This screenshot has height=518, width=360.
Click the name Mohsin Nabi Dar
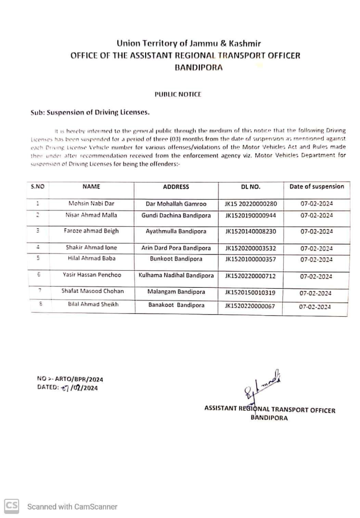(91, 204)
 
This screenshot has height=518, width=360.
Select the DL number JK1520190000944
(251, 215)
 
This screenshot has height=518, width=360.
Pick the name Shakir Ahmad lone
(91, 248)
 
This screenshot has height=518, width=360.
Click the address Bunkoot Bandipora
(176, 258)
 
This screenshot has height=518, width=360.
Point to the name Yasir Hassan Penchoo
(92, 276)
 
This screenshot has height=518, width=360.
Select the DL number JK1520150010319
(251, 292)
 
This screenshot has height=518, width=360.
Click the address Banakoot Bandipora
(176, 305)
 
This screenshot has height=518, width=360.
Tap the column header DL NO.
(251, 187)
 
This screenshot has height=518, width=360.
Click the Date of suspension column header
(317, 187)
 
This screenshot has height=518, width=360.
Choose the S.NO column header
(38, 187)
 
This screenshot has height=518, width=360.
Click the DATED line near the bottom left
(67, 388)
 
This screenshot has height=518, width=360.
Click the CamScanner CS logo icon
(12, 506)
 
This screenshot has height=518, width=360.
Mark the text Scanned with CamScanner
(72, 506)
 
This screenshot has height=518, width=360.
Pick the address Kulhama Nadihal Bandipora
(176, 276)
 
